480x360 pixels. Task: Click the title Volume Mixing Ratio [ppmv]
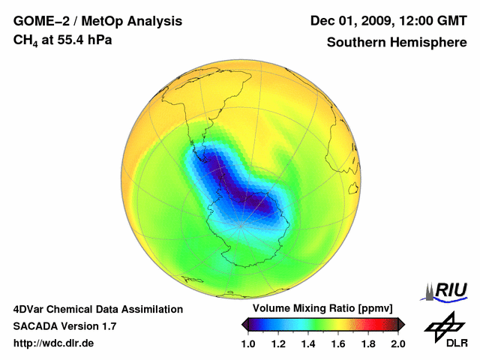coord(318,309)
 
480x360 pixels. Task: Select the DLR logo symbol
coord(443,325)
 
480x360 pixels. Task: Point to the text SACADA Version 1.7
coord(64,326)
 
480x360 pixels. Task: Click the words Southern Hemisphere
coord(397,43)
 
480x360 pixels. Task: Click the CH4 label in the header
coord(25,40)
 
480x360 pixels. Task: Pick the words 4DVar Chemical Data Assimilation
coord(97,309)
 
